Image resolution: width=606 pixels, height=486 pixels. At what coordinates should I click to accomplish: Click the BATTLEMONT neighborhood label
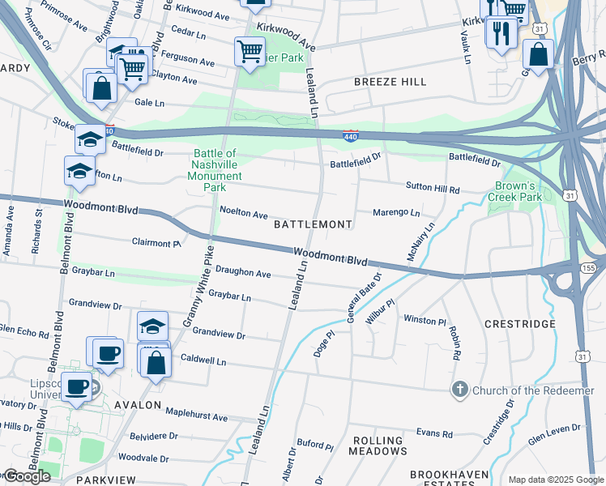313,224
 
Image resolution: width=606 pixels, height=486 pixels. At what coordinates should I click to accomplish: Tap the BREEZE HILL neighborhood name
390,83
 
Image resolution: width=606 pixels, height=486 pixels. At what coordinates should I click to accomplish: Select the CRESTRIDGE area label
519,323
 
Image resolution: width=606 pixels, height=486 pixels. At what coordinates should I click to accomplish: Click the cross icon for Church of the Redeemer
460,390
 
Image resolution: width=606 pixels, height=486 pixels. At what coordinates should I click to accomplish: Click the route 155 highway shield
588,266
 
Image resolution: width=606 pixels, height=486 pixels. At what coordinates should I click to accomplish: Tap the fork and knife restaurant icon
501,32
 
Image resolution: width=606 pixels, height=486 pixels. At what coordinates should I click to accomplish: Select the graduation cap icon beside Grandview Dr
152,326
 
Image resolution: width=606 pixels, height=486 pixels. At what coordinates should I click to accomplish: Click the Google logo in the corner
27,475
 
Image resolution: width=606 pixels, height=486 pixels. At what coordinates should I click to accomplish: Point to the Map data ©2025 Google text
556,480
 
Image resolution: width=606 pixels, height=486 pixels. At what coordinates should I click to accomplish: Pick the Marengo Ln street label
396,213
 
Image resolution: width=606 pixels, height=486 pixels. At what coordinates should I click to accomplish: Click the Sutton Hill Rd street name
433,188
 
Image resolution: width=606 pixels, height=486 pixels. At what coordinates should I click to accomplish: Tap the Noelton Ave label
243,214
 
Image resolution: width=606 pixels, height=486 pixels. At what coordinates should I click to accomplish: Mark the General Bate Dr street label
364,298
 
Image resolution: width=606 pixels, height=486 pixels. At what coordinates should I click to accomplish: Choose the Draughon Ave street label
242,274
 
